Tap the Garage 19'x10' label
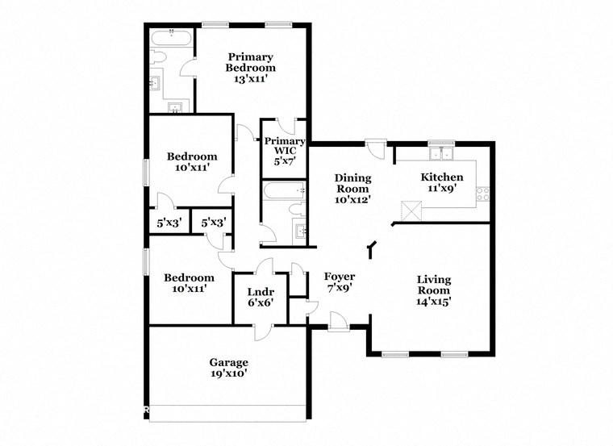pyautogui.click(x=229, y=368)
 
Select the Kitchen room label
pyautogui.click(x=442, y=182)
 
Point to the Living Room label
pyautogui.click(x=433, y=290)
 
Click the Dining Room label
pyautogui.click(x=353, y=188)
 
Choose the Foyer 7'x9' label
pyautogui.click(x=340, y=281)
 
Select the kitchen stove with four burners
pyautogui.click(x=484, y=194)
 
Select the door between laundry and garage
pyautogui.click(x=263, y=331)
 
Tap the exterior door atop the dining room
pyautogui.click(x=375, y=148)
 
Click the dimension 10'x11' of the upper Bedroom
pyautogui.click(x=192, y=169)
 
